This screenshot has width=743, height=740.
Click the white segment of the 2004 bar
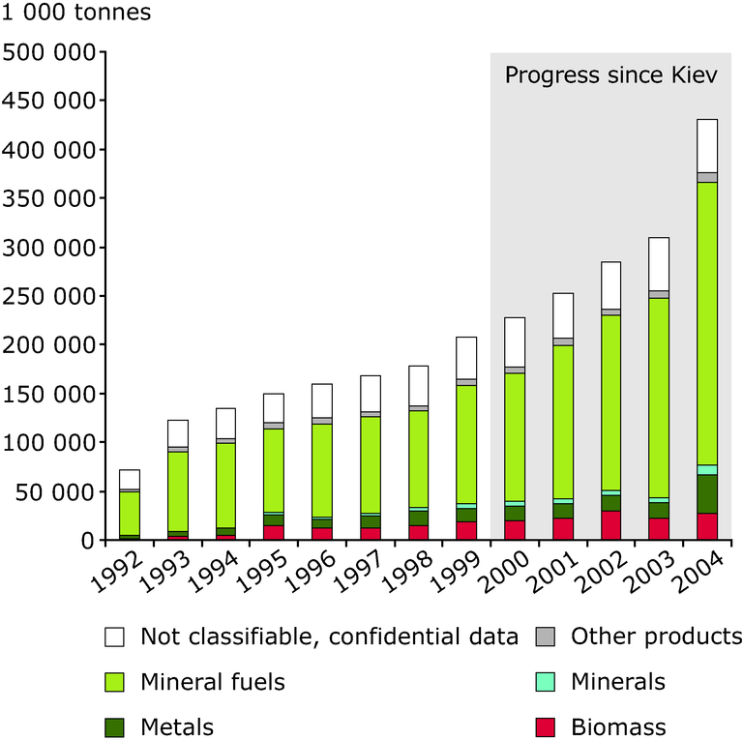coord(707,146)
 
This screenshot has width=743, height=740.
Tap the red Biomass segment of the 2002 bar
coord(610,525)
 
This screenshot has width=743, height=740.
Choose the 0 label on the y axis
coord(85,540)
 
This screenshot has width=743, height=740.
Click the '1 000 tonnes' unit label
coord(76,15)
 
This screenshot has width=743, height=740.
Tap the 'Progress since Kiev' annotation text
coord(611,75)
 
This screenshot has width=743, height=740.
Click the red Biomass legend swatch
coord(545,726)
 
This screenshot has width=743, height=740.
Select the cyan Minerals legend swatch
coord(545,682)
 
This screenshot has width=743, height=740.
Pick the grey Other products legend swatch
coord(545,637)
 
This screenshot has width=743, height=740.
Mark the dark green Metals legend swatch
coord(115,726)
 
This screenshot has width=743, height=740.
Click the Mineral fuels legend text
coord(213,682)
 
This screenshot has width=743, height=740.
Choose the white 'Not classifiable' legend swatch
coord(115,637)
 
